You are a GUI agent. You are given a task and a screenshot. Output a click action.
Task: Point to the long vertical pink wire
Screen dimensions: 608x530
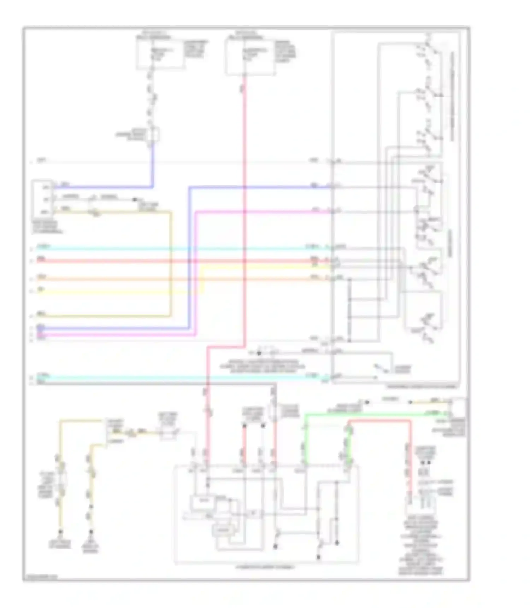244,212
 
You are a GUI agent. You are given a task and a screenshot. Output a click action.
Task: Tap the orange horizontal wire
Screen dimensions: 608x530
177,279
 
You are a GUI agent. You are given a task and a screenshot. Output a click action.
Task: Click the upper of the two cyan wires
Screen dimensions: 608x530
177,249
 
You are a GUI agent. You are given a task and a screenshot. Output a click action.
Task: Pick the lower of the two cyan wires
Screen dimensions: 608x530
177,378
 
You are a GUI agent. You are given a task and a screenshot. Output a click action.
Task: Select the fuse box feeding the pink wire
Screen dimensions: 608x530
250,57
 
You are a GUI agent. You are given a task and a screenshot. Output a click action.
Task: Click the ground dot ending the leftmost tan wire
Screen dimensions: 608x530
60,531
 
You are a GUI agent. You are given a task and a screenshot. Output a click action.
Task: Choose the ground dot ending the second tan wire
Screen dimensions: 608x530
91,531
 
